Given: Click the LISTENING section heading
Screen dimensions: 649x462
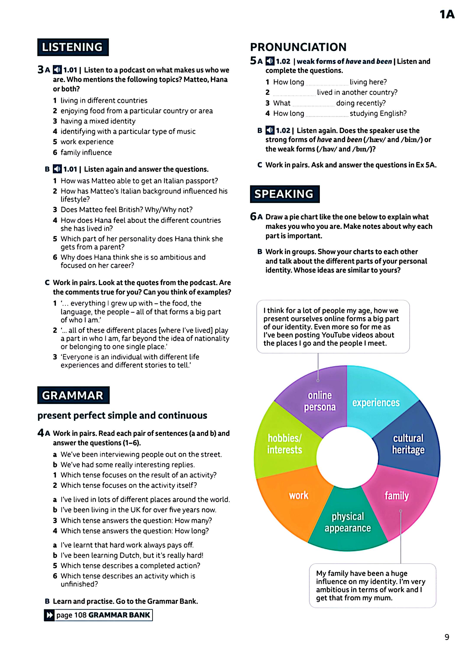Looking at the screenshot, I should click(x=73, y=47).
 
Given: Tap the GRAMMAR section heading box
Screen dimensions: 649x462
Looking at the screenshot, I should click(x=73, y=395).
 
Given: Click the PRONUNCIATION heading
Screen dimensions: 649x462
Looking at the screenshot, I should click(x=298, y=47).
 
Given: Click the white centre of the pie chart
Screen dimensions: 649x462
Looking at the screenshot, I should click(x=347, y=456).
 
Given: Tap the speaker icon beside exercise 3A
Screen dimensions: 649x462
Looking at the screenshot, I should click(x=57, y=70).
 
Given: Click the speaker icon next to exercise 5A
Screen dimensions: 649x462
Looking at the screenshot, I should click(x=270, y=61).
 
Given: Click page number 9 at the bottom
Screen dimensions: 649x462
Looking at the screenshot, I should click(x=447, y=637).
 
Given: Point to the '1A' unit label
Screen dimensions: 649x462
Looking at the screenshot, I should click(x=447, y=14).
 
